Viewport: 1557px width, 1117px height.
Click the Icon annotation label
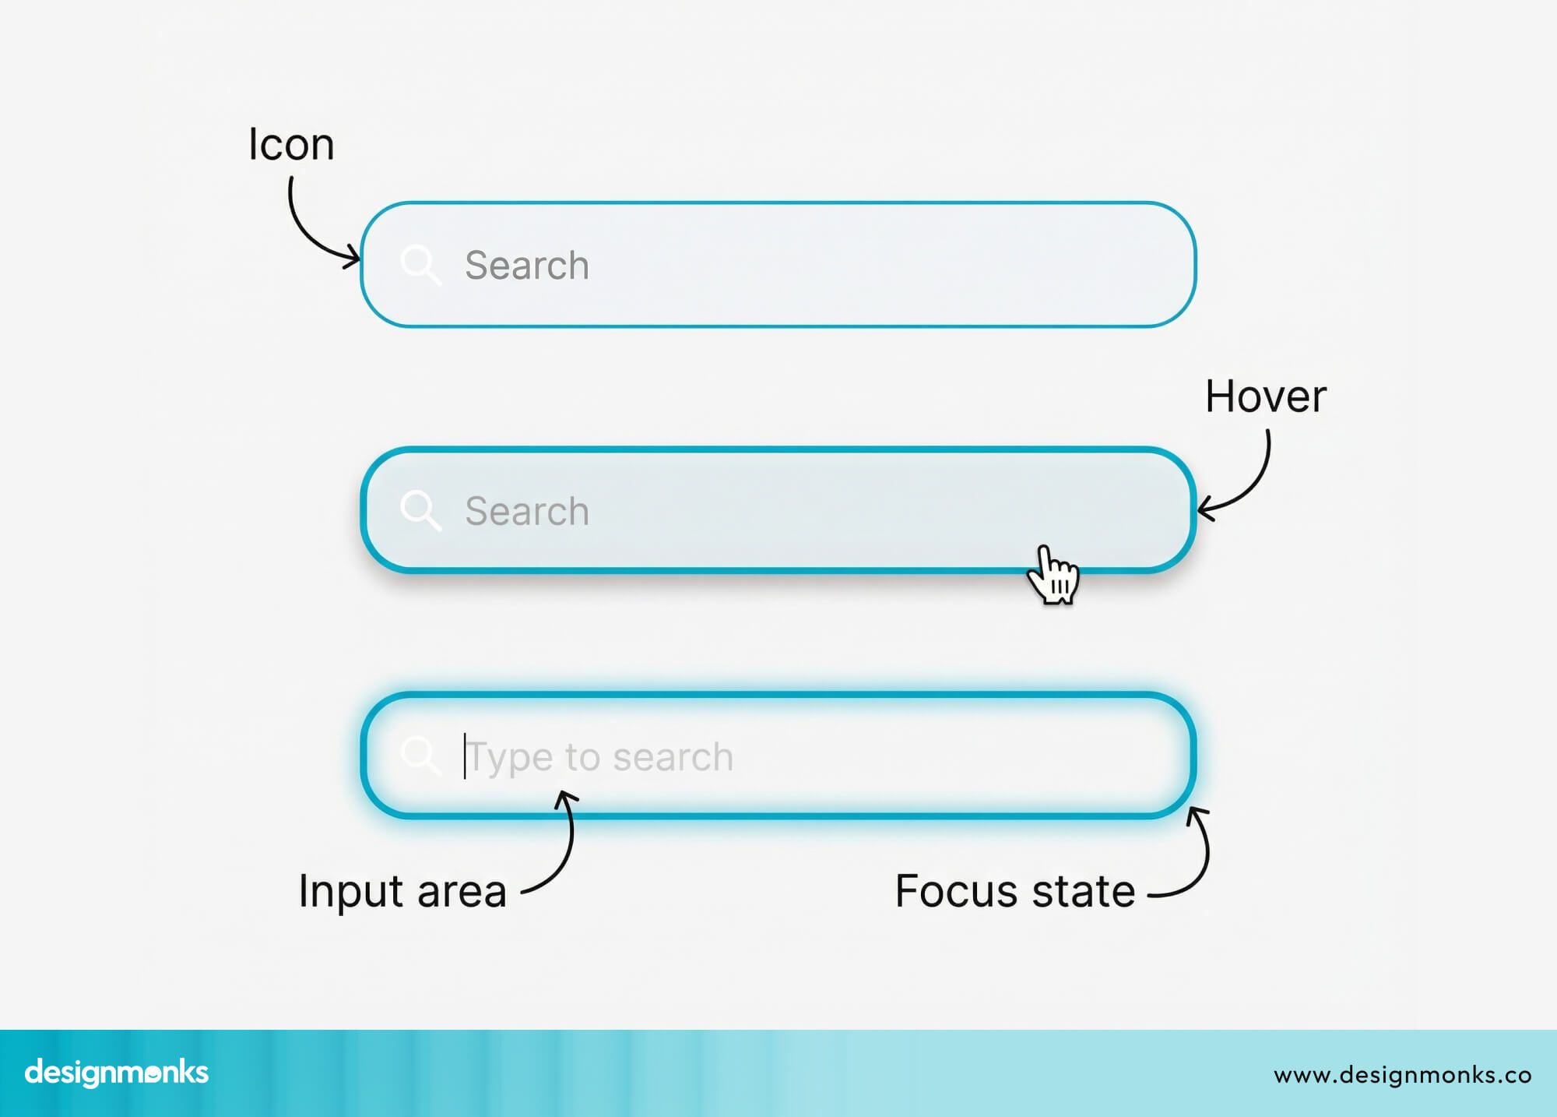[x=291, y=145]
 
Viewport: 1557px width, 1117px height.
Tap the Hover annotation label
[x=1265, y=396]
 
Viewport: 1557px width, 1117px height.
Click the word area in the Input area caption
[x=462, y=892]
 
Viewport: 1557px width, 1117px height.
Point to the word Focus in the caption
[x=957, y=891]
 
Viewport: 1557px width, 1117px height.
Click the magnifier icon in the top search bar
[x=420, y=265]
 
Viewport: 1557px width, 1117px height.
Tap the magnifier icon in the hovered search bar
[x=420, y=510]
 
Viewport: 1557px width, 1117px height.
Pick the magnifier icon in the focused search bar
[x=420, y=755]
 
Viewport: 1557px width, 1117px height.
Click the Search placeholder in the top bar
[x=526, y=266]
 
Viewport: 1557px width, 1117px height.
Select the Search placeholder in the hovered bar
[x=526, y=512]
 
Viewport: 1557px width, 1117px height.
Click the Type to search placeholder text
[x=599, y=757]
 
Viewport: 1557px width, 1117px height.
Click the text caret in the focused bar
[x=465, y=756]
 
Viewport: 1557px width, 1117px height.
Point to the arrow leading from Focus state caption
[x=1199, y=857]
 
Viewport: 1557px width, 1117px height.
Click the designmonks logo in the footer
[x=117, y=1073]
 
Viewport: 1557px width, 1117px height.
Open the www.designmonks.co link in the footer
[x=1402, y=1075]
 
